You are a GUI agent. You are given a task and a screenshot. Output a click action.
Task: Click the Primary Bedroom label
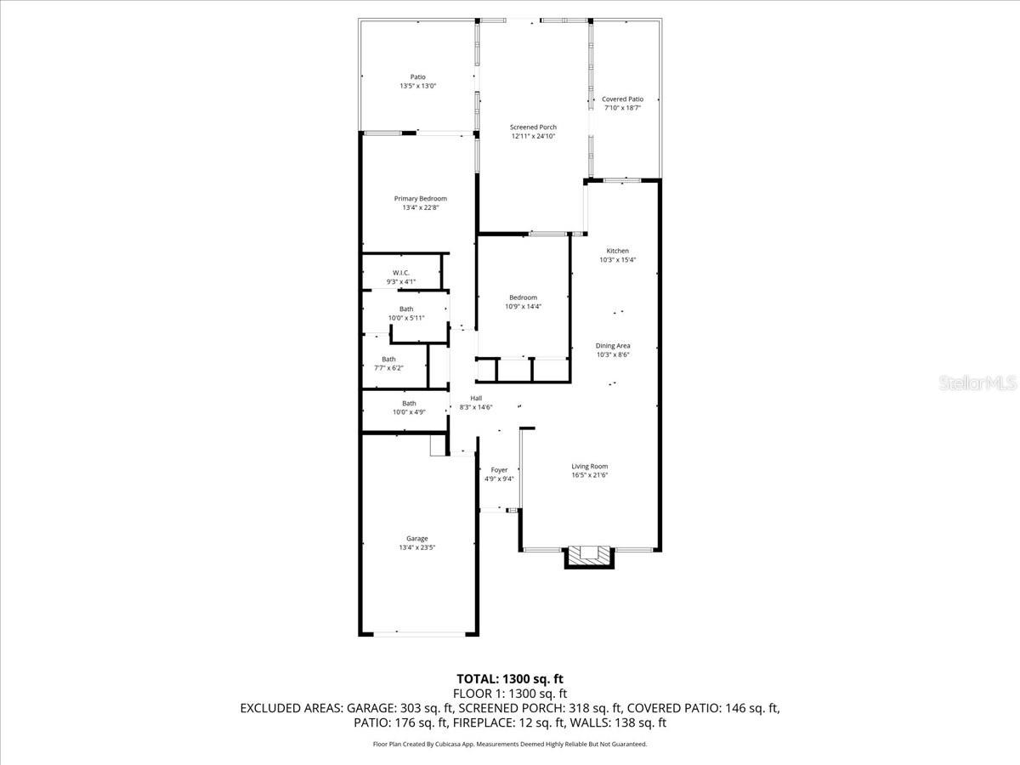pos(420,199)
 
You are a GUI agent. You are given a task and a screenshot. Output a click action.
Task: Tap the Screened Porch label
pos(533,127)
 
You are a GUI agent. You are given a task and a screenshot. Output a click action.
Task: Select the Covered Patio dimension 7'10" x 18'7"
pos(622,108)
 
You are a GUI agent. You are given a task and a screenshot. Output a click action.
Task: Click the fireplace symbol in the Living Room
pos(589,555)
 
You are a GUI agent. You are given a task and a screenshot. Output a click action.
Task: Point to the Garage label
pos(416,538)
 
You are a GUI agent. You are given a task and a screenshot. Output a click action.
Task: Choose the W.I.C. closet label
pos(401,273)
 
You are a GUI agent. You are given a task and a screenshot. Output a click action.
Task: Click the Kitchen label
pos(617,251)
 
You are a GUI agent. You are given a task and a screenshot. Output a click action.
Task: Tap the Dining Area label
pos(612,345)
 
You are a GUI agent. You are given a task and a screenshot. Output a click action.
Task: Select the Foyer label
pos(499,470)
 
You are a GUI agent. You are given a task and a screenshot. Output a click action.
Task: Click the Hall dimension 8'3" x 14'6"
pos(476,407)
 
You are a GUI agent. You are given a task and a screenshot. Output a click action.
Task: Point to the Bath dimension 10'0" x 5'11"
pos(406,318)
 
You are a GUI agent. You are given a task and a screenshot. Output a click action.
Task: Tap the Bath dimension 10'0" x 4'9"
pos(409,412)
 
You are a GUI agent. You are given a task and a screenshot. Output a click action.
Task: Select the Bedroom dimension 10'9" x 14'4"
pos(523,307)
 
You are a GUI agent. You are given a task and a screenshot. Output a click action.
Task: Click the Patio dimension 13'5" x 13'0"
pos(417,86)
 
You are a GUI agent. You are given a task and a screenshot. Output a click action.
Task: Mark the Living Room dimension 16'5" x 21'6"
pos(589,475)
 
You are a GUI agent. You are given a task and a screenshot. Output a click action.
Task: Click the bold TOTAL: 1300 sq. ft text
pos(510,678)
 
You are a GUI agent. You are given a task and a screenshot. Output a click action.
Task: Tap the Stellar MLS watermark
pos(977,383)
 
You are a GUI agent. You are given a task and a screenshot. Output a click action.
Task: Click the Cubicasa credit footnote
pos(510,744)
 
